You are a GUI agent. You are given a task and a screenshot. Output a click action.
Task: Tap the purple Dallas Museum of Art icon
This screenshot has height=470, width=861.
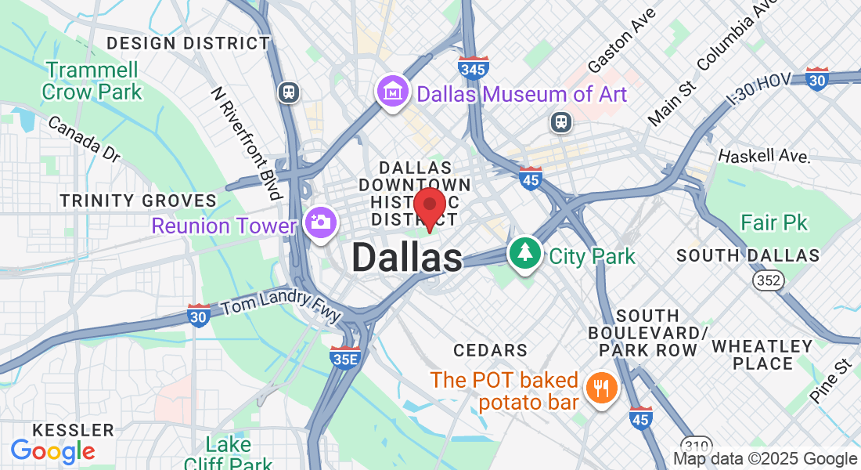point(392,93)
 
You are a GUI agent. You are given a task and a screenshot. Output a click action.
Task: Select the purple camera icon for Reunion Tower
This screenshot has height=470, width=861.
point(319,222)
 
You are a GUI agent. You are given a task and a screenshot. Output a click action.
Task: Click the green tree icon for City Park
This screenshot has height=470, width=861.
point(525,254)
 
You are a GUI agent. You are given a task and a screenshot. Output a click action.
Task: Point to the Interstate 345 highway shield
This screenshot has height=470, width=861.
point(474,68)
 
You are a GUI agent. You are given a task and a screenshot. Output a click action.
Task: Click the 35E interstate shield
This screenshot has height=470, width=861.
point(344,358)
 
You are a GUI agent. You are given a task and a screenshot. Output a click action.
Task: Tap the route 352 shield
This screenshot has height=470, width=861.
point(767,280)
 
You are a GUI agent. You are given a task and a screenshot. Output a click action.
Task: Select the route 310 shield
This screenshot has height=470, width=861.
point(696,443)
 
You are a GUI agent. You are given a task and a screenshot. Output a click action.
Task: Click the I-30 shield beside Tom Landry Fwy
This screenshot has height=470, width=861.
point(199,315)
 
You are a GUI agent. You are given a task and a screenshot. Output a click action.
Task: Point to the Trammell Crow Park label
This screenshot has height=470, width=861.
point(92,81)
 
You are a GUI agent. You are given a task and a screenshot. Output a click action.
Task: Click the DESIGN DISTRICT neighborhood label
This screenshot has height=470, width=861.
point(188,43)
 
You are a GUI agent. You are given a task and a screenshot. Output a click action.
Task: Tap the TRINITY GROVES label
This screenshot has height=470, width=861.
point(139,201)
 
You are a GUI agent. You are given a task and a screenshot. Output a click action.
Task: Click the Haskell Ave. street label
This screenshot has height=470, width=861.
point(763,155)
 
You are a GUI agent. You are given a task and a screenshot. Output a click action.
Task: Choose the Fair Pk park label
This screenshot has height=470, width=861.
point(774,223)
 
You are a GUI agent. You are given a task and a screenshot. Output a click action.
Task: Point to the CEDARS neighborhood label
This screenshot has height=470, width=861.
point(490,349)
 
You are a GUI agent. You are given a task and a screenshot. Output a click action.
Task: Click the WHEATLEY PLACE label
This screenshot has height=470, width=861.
point(762,354)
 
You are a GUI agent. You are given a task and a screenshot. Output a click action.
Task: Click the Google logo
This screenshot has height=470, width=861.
point(52,450)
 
